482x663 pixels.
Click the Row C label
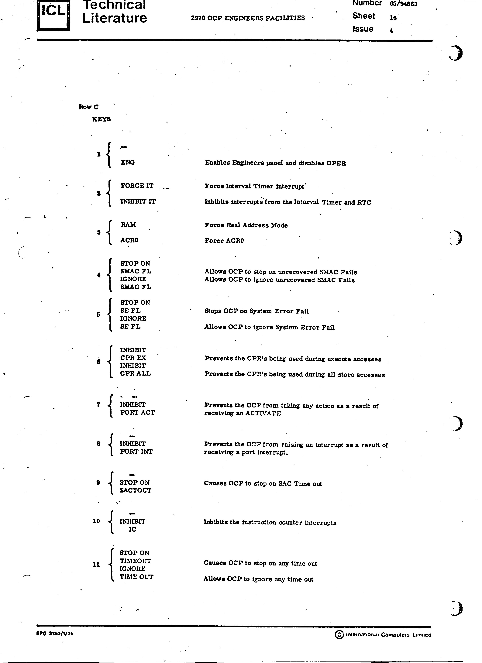coord(89,107)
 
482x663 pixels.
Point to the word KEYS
coord(102,119)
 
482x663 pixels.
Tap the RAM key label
coord(128,225)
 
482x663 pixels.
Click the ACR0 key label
coord(129,240)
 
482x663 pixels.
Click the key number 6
coord(98,362)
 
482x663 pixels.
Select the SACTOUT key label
coord(135,490)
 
